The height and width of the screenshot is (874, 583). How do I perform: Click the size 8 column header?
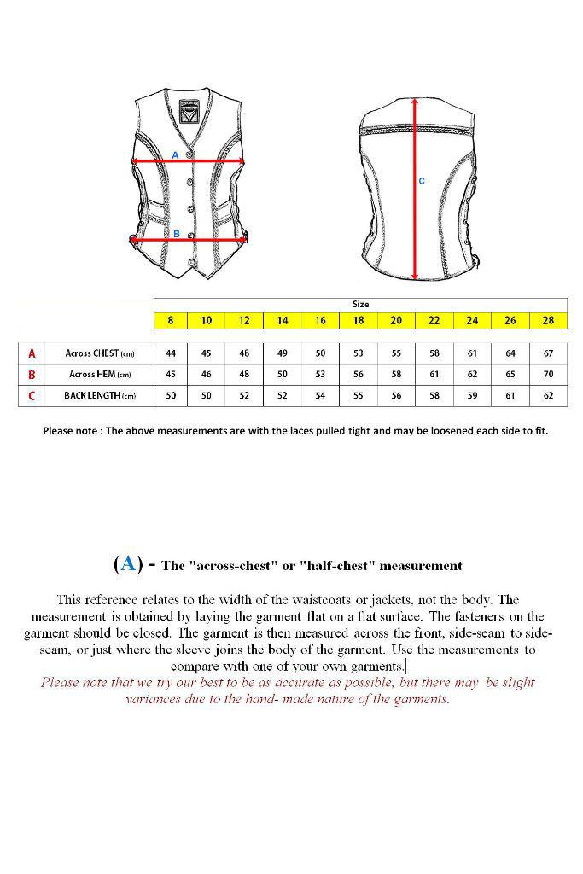[x=171, y=321]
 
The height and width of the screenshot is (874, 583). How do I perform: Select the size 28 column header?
[x=548, y=321]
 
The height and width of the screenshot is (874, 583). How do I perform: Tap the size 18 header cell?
[x=359, y=321]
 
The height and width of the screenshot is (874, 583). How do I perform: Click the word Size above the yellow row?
[x=361, y=304]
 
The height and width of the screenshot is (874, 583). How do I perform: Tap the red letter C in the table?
[x=32, y=396]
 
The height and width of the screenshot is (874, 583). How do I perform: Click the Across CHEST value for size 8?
[x=171, y=353]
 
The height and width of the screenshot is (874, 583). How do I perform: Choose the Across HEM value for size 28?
[x=548, y=375]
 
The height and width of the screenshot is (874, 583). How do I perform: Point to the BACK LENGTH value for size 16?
[x=320, y=396]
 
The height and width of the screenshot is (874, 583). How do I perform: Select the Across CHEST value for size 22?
[x=434, y=353]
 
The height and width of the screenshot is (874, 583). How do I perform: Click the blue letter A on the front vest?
[x=175, y=155]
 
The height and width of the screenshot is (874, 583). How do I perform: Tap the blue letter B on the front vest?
[x=176, y=234]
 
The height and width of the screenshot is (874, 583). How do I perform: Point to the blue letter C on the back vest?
[x=422, y=181]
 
